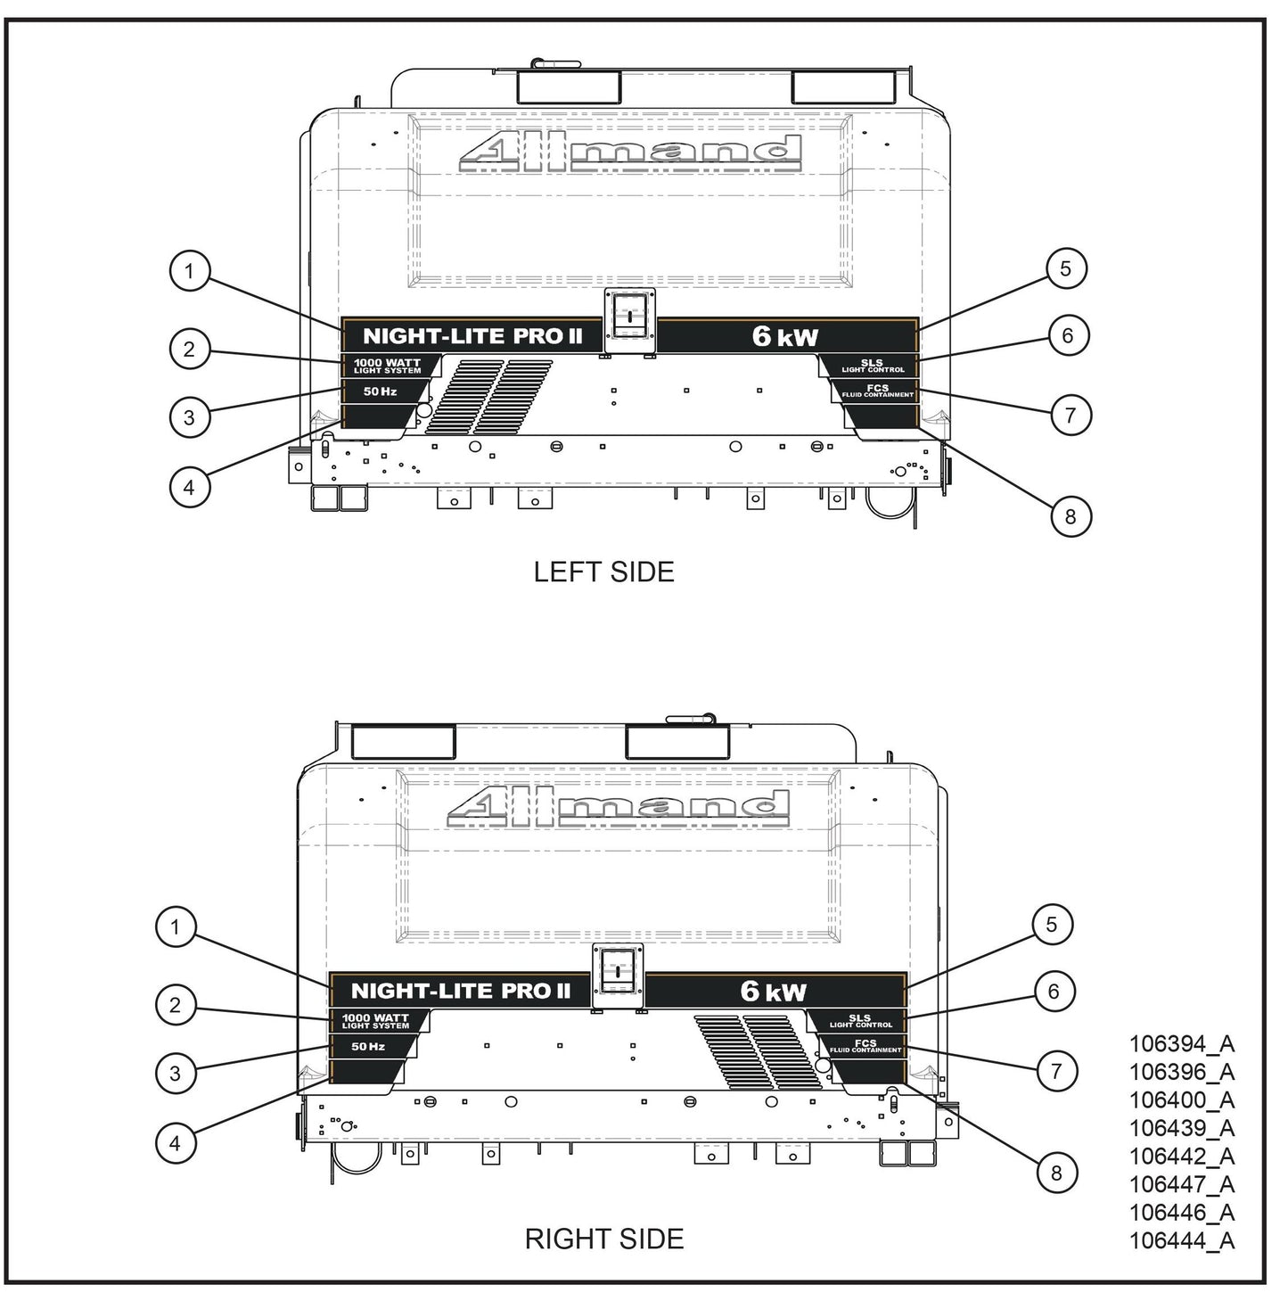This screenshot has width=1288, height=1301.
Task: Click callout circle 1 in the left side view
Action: [x=189, y=271]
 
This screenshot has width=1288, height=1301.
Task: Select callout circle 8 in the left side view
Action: [x=1070, y=516]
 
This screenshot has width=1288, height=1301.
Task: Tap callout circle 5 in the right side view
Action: [x=1052, y=925]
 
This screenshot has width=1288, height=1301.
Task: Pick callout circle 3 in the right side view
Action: [x=175, y=1073]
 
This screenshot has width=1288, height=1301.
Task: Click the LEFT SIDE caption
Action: [x=603, y=572]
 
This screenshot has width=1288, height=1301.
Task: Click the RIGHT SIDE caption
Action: [x=603, y=1239]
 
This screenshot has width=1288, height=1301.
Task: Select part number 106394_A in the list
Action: [x=1181, y=1043]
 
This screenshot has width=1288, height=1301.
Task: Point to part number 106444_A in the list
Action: [x=1181, y=1240]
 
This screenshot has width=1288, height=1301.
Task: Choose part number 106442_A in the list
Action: [x=1181, y=1156]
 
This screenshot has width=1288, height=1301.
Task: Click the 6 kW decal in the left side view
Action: [x=784, y=336]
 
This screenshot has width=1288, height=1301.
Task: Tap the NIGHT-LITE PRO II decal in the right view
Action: [x=460, y=991]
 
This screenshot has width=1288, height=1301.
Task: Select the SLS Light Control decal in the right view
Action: [x=860, y=1021]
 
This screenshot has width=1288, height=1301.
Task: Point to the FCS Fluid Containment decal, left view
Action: [x=877, y=391]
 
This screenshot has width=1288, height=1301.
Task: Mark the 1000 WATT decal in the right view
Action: [x=375, y=1021]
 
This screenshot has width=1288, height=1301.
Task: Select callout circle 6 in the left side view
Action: [x=1067, y=335]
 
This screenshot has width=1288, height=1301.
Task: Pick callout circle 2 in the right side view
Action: [x=175, y=1006]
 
